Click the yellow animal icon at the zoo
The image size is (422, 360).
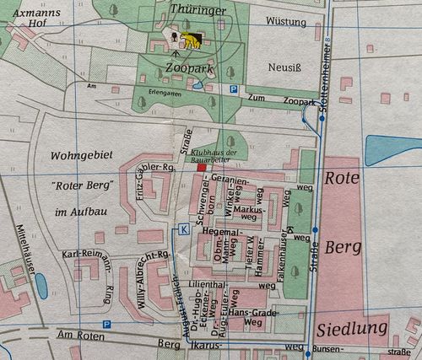(192, 40)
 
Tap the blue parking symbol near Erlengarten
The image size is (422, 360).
(233, 89)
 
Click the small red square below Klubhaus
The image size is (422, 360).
(201, 169)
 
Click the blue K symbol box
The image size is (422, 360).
(184, 228)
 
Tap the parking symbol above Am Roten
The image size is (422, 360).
(106, 324)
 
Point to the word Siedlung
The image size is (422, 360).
(353, 328)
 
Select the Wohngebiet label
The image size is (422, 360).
(81, 156)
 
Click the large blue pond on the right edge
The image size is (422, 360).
(392, 150)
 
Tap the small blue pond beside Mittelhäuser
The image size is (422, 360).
(41, 286)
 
